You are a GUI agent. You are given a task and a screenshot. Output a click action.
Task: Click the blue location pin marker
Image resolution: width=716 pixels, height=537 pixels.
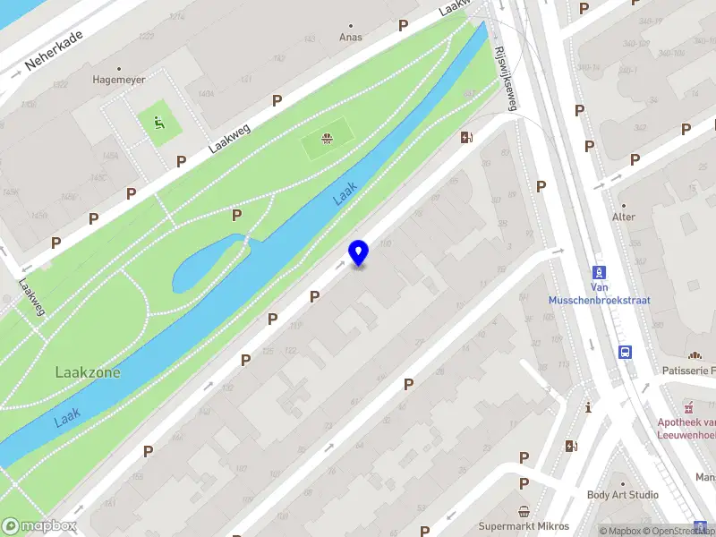click(358, 252)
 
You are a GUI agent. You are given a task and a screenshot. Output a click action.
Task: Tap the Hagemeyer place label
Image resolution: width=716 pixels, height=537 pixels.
click(119, 79)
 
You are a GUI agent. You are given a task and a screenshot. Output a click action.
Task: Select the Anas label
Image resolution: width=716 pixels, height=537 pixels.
click(350, 38)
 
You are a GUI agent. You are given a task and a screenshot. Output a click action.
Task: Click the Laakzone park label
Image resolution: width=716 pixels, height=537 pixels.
click(88, 371)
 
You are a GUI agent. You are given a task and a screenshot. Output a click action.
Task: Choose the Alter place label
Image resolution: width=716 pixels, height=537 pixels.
click(623, 217)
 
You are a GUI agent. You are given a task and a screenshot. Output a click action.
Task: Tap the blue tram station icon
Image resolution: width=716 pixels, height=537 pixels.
click(599, 272)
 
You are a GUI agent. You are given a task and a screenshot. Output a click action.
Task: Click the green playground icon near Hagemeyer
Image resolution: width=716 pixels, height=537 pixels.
click(158, 123)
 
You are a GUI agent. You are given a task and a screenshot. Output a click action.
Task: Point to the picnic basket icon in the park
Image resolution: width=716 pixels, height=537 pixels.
click(326, 138)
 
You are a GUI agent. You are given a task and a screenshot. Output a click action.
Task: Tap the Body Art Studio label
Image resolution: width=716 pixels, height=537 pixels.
click(622, 495)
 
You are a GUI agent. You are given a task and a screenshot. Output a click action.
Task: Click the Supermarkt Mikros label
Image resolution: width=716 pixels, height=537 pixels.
click(524, 526)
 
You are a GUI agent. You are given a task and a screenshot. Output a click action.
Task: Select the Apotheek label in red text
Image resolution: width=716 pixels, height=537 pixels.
click(687, 428)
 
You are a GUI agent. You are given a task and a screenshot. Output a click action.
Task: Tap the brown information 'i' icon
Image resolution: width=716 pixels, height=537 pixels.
click(588, 407)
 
